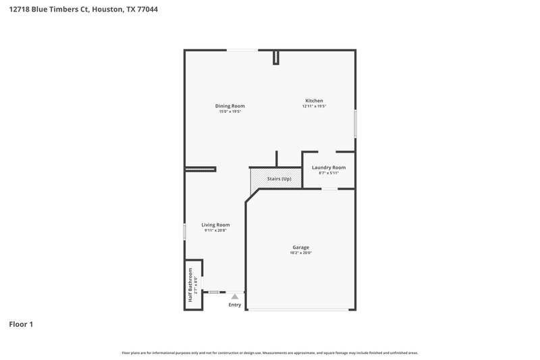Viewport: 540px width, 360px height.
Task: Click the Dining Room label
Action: tap(230, 106)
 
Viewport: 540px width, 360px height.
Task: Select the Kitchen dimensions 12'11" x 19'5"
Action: tap(314, 106)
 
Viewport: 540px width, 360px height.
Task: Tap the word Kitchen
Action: tap(314, 101)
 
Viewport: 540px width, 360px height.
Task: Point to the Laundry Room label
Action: tap(328, 167)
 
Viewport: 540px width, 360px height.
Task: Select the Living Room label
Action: tap(215, 225)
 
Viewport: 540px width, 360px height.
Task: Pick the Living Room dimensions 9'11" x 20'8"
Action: tap(215, 230)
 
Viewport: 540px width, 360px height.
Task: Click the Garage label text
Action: tap(300, 247)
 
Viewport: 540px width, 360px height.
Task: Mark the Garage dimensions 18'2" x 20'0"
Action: tap(300, 253)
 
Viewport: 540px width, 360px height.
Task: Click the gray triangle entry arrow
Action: tap(234, 296)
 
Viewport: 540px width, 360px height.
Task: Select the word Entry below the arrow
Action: tap(234, 305)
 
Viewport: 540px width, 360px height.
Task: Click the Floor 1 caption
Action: tap(21, 325)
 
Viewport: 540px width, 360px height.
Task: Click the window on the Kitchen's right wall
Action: tap(355, 124)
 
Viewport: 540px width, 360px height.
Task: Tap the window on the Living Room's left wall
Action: tap(185, 230)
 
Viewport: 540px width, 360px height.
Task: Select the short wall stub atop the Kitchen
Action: tap(275, 57)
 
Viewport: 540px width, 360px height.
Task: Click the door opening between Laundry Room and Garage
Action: tap(329, 188)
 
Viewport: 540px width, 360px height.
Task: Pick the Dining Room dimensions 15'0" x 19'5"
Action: tap(230, 111)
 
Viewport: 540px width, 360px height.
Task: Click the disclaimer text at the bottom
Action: tap(269, 353)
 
